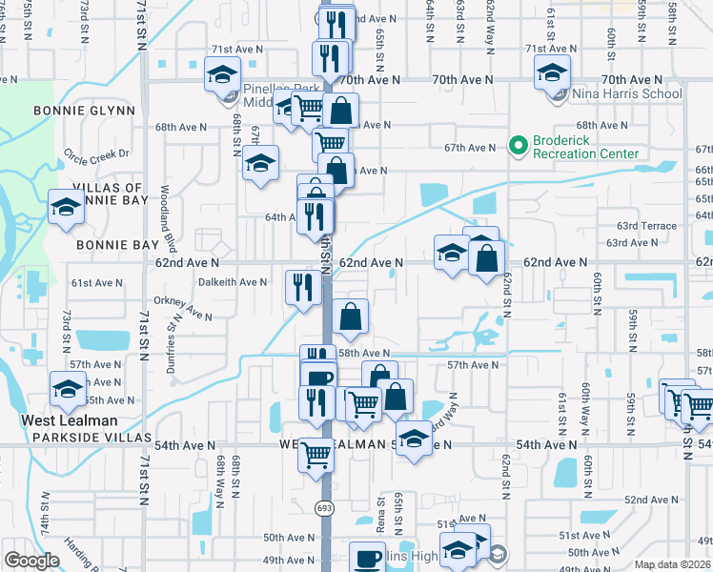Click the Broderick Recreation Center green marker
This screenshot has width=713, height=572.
tap(519, 146)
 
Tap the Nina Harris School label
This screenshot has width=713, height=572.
tap(626, 93)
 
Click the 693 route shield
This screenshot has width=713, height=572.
tap(326, 509)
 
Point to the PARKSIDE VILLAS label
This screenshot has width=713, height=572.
tap(92, 438)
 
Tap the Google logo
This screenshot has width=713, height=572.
tap(31, 561)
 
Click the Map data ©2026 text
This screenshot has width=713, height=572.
tap(673, 564)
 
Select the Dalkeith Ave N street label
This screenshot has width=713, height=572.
tap(233, 282)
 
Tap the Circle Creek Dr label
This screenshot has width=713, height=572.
tap(96, 153)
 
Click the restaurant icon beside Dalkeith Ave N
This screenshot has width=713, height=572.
tap(302, 286)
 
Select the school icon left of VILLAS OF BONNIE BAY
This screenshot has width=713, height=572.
tap(66, 205)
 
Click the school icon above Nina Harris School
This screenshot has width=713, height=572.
tap(552, 71)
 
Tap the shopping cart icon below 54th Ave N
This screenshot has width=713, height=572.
tap(316, 454)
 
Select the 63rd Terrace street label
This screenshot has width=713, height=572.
tap(646, 226)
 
